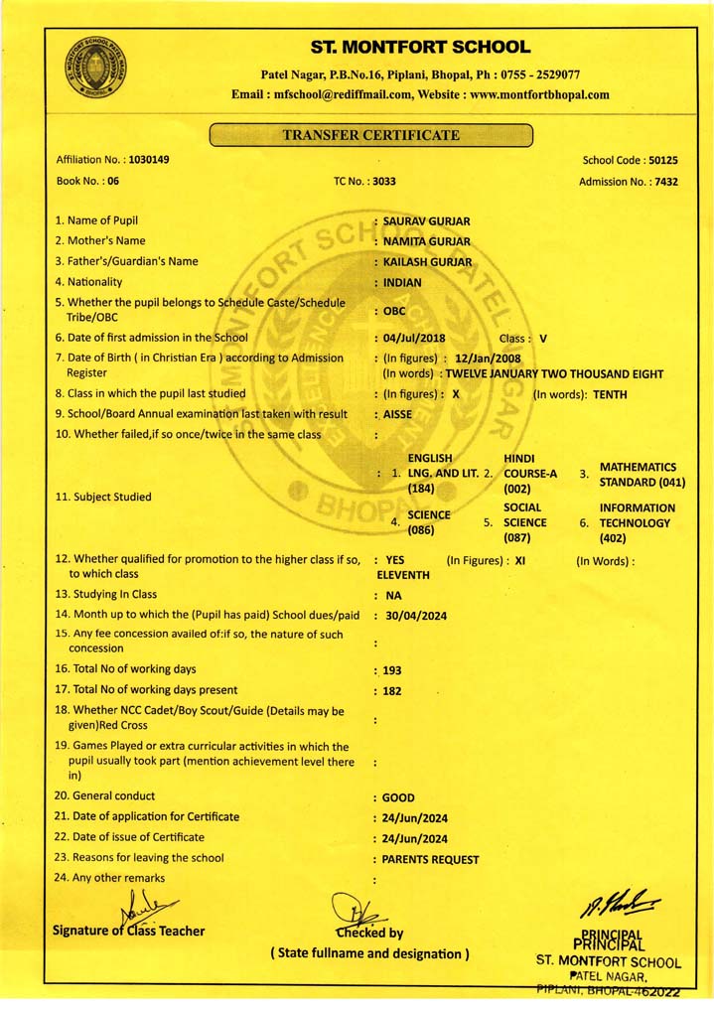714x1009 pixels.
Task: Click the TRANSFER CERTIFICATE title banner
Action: point(371,135)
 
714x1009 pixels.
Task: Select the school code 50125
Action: point(662,160)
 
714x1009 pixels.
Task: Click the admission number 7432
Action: point(662,182)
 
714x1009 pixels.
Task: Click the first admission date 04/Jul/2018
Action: point(414,338)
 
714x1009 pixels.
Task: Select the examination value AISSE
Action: point(398,414)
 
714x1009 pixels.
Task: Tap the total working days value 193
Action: point(392,670)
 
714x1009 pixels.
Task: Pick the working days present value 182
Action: point(392,690)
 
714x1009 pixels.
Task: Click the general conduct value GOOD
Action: point(399,797)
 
